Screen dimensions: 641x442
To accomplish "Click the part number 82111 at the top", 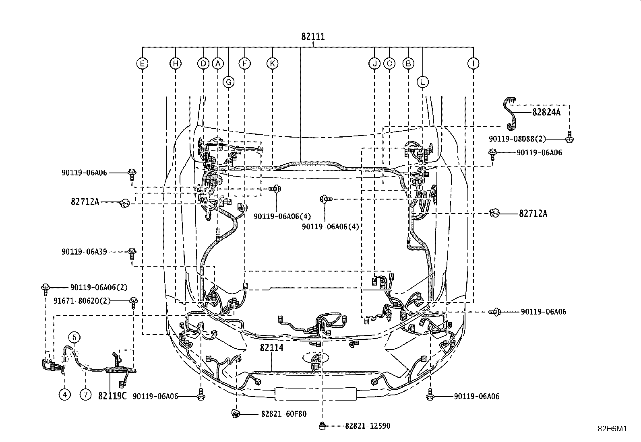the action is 313,37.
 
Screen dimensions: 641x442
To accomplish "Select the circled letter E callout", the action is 142,64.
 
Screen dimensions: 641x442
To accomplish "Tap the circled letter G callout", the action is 228,82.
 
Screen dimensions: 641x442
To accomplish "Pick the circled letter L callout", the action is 423,82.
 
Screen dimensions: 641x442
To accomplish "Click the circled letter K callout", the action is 272,64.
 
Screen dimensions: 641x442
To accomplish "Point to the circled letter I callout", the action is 474,64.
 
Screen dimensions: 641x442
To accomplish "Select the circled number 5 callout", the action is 74,338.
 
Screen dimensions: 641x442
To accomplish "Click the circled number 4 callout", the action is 65,395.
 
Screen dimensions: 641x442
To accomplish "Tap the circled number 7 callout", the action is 85,395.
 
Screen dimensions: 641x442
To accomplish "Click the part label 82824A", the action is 546,112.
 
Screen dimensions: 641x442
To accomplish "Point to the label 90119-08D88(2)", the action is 517,139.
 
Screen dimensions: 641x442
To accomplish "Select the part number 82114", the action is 271,347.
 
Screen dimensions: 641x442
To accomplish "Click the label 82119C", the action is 112,396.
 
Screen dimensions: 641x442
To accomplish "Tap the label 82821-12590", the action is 368,426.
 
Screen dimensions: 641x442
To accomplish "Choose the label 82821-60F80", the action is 283,414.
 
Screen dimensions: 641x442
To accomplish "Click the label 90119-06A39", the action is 84,252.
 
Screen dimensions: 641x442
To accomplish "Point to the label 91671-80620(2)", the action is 82,301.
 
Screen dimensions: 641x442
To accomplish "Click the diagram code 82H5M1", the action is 612,429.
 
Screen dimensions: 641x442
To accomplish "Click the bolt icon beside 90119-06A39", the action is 132,253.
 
